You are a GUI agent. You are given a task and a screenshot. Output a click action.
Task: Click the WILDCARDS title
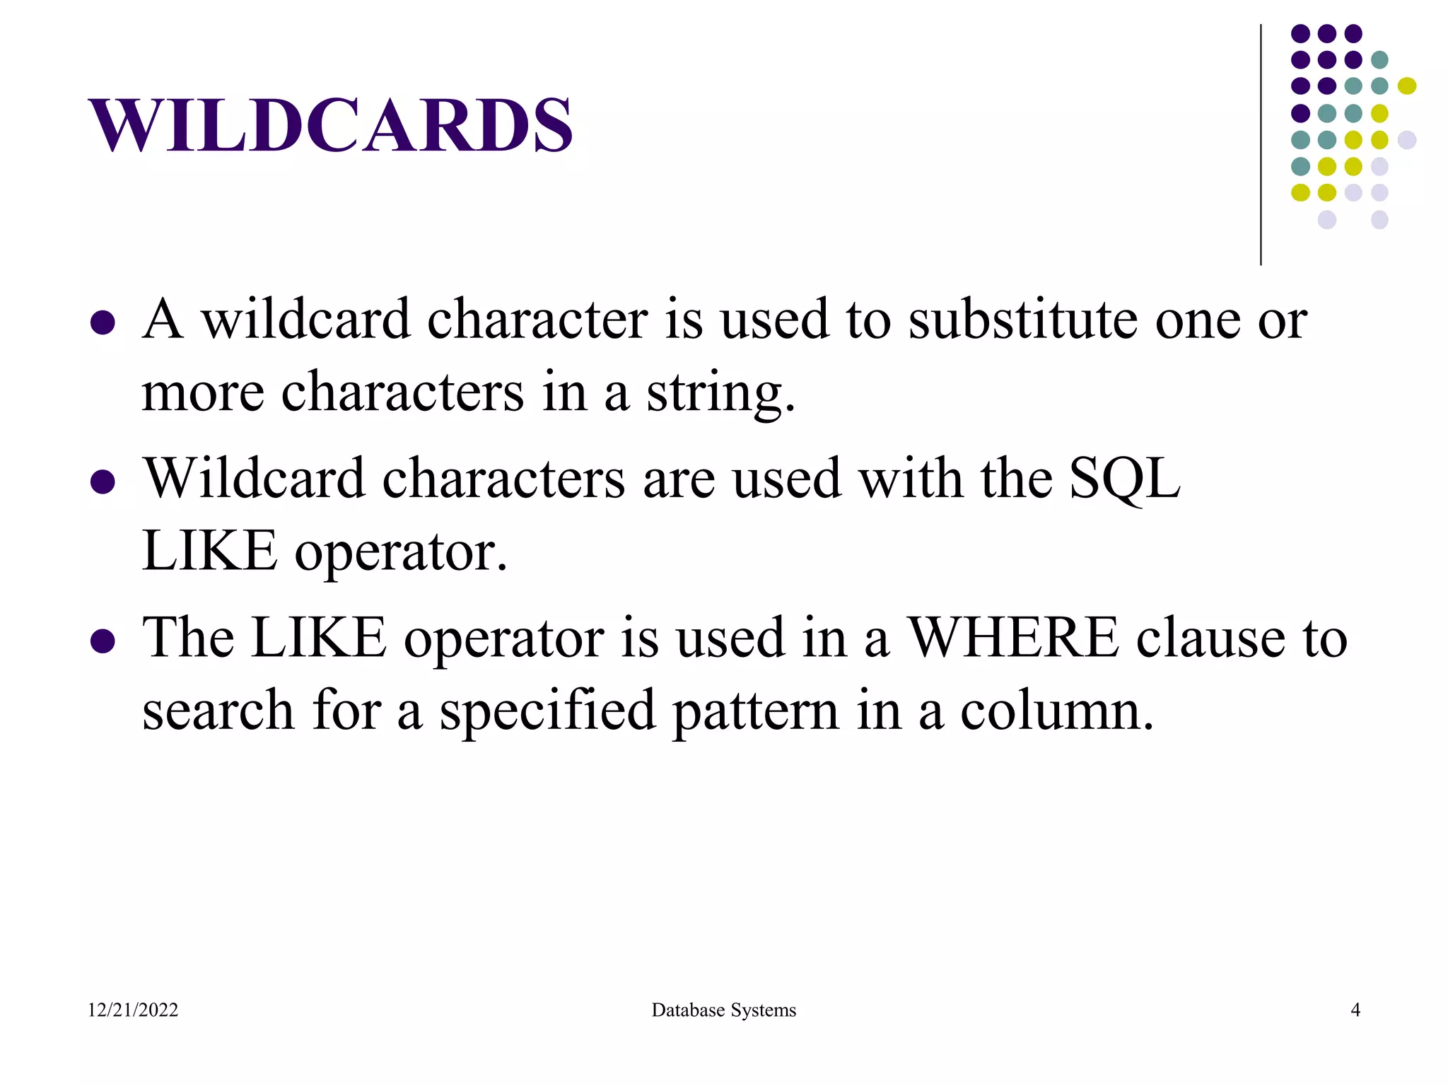pyautogui.click(x=330, y=125)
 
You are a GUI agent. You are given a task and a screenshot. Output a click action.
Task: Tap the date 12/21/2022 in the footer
pyautogui.click(x=133, y=1010)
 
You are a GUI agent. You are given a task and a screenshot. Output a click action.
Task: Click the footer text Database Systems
pyautogui.click(x=723, y=1010)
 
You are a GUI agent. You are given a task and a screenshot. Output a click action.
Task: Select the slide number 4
pyautogui.click(x=1355, y=1010)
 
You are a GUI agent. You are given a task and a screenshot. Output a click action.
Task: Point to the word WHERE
pyautogui.click(x=1012, y=638)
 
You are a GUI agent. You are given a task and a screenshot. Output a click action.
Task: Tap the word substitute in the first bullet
pyautogui.click(x=1023, y=320)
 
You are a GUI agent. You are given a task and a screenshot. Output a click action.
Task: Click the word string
pyautogui.click(x=721, y=393)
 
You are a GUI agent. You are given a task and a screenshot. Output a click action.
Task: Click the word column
pyautogui.click(x=1056, y=711)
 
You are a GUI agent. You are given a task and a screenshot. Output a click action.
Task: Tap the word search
pyautogui.click(x=218, y=711)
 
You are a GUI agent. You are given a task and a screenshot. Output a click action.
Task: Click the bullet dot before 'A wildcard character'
pyautogui.click(x=103, y=323)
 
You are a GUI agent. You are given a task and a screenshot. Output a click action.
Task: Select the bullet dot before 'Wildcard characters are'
pyautogui.click(x=103, y=482)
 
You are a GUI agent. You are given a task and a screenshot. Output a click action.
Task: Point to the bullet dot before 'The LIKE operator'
pyautogui.click(x=103, y=641)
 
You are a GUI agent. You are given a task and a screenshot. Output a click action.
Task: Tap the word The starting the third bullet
pyautogui.click(x=188, y=638)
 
